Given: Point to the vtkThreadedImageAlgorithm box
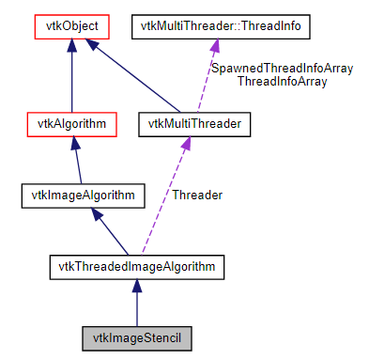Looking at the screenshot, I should click(135, 267).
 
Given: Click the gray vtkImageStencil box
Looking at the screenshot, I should click(136, 337).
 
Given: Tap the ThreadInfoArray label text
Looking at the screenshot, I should click(282, 82).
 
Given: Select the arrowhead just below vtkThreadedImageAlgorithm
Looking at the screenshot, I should click(136, 286).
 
